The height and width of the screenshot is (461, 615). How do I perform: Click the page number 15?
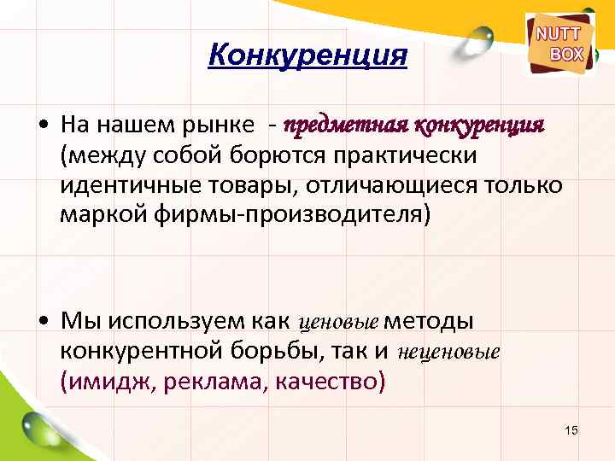571,429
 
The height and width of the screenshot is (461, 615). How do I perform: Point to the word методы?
430,321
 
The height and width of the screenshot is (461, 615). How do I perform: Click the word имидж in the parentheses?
103,380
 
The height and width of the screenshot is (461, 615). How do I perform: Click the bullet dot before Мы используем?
43,322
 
